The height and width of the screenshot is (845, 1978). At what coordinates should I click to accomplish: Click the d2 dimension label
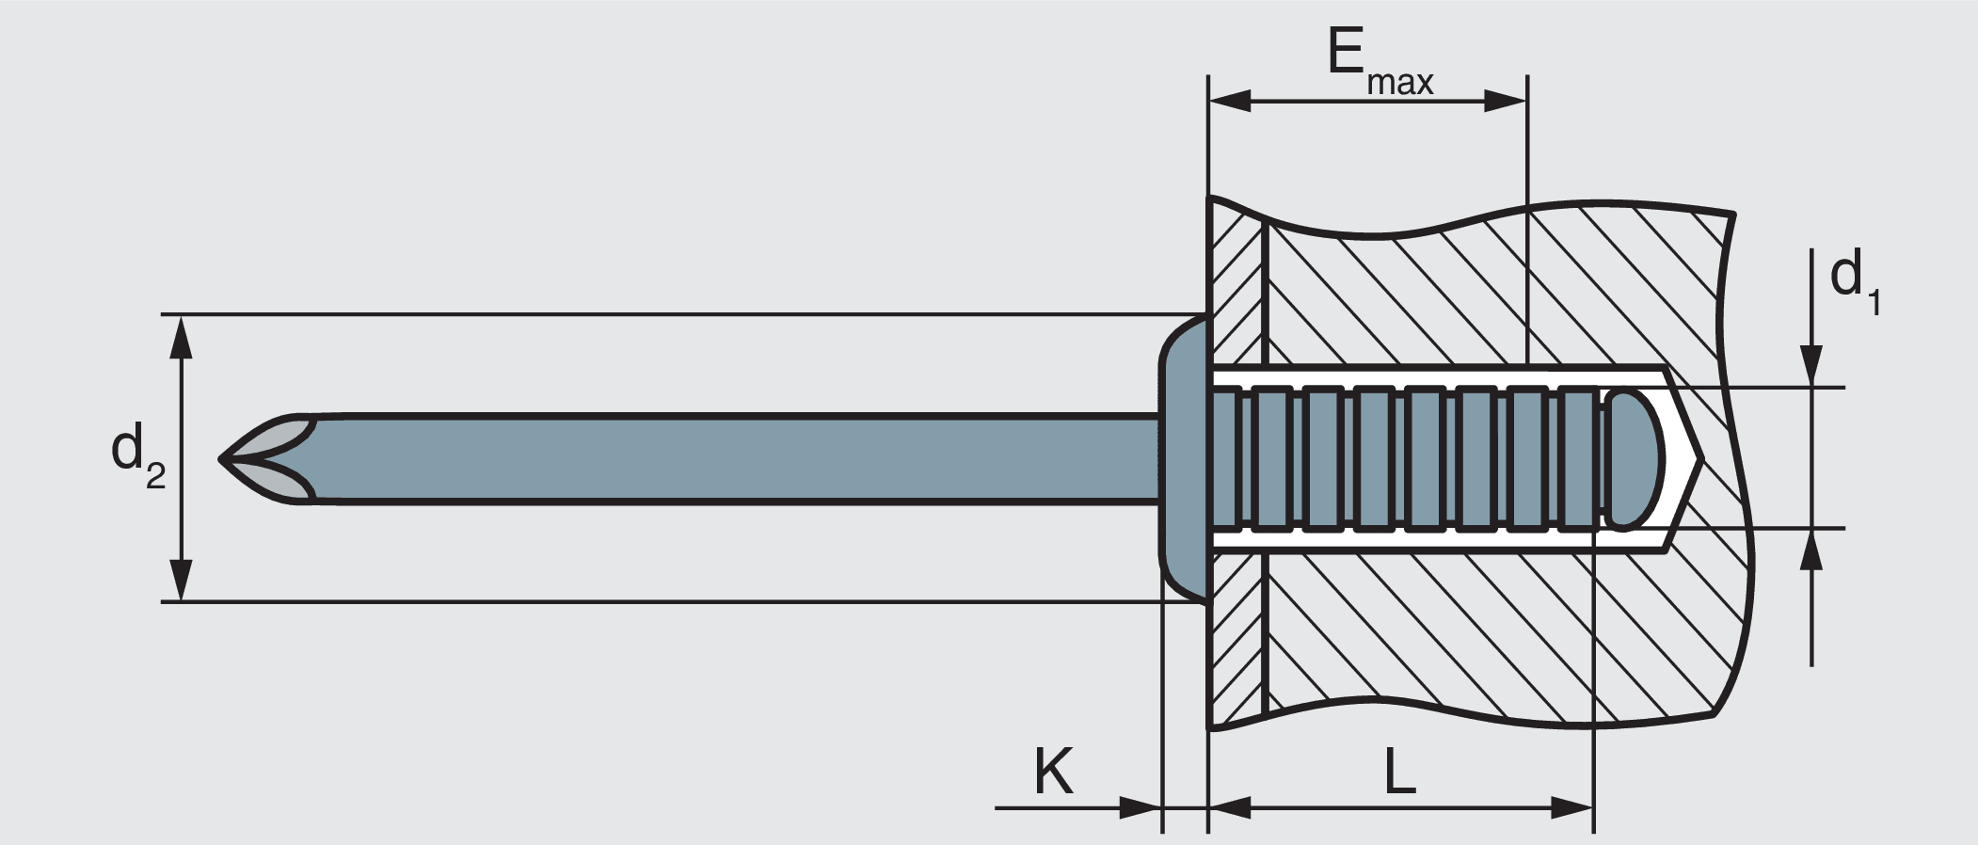pos(137,454)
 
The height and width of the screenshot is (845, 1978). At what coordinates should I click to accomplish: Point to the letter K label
pos(1053,773)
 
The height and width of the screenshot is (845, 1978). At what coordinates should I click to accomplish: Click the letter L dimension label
pos(1400,773)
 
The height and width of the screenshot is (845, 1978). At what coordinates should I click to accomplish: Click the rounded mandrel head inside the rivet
pos(1635,459)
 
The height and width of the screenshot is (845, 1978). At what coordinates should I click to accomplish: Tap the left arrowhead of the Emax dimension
pos(1228,101)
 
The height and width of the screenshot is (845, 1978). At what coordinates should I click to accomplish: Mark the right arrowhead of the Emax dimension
pos(1505,101)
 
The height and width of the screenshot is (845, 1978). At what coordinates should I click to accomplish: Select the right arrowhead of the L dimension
pos(1571,806)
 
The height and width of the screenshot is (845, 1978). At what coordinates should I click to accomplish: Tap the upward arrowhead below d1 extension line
pos(1811,550)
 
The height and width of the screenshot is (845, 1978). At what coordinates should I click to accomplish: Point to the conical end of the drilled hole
pos(1684,459)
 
